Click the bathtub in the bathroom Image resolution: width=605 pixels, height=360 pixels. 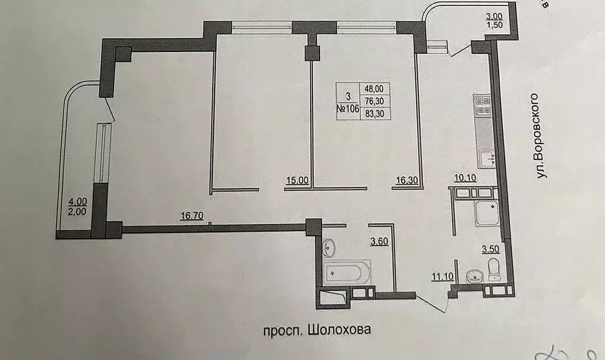[x=347, y=273]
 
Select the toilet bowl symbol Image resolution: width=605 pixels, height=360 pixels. [x=494, y=270]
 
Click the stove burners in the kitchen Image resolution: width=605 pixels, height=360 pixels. [x=483, y=107]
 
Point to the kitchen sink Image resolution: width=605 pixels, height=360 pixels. [x=486, y=158]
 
